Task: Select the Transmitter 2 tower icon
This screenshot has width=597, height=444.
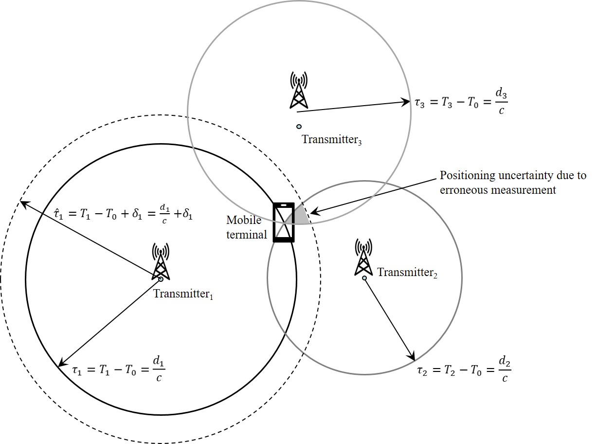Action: click(363, 257)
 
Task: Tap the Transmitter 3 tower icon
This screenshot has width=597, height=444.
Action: click(299, 90)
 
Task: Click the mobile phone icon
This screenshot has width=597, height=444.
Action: click(284, 222)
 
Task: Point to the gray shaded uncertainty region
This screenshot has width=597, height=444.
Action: click(300, 216)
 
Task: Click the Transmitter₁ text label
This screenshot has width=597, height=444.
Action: click(183, 294)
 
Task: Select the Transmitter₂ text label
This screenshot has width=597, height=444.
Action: click(407, 272)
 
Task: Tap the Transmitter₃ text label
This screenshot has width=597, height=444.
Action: click(332, 140)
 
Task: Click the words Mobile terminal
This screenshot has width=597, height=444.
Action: click(246, 227)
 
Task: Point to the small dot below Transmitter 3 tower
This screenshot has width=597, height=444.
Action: click(299, 127)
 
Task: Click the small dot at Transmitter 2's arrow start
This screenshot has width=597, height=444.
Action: click(364, 278)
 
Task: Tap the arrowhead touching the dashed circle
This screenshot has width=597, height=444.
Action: click(25, 204)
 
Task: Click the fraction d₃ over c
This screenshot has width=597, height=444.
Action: click(501, 102)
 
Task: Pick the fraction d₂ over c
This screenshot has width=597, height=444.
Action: click(505, 370)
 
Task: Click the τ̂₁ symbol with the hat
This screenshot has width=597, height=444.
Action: click(58, 215)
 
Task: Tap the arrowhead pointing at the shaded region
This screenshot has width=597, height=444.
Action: click(315, 211)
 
